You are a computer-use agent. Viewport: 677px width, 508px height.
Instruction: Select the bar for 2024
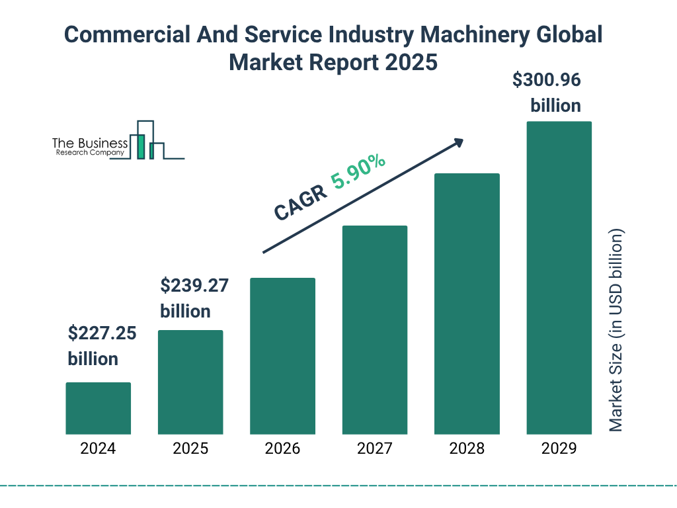click(x=98, y=408)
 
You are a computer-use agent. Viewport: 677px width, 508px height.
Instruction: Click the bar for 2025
click(x=190, y=382)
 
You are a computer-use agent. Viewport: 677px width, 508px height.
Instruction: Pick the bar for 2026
click(x=282, y=356)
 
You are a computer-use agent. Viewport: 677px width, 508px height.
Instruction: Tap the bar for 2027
click(x=374, y=329)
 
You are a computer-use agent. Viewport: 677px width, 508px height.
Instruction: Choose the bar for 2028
click(x=467, y=304)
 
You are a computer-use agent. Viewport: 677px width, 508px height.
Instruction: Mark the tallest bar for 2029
click(x=559, y=278)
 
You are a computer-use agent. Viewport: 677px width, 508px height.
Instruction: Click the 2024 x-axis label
click(x=98, y=448)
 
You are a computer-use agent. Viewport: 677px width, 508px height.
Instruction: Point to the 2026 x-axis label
click(x=282, y=448)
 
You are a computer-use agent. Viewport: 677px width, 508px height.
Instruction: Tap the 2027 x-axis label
click(x=374, y=448)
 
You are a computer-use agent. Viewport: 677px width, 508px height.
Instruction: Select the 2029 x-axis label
click(x=559, y=448)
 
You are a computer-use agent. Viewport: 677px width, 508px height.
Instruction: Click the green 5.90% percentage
click(x=359, y=172)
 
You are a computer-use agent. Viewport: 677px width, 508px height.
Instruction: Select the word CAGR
click(x=300, y=203)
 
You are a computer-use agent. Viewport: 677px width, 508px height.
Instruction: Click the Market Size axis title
click(x=616, y=330)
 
